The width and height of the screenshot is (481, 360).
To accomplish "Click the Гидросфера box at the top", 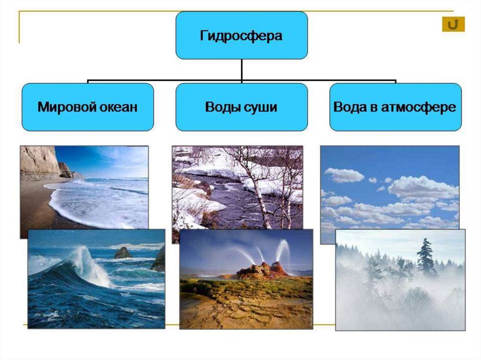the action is (241, 36).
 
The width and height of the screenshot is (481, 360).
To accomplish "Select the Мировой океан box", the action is (87, 107).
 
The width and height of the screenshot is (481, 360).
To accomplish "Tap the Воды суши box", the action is (241, 107).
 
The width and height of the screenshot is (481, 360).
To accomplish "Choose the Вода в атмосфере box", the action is (395, 107).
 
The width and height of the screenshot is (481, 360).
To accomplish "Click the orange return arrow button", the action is (453, 24).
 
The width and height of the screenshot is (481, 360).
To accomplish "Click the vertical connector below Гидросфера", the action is (241, 70).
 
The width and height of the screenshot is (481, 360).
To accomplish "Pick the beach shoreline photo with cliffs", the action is (85, 183).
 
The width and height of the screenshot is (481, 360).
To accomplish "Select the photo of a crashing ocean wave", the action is (96, 279).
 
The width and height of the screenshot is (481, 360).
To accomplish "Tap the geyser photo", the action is (246, 279).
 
